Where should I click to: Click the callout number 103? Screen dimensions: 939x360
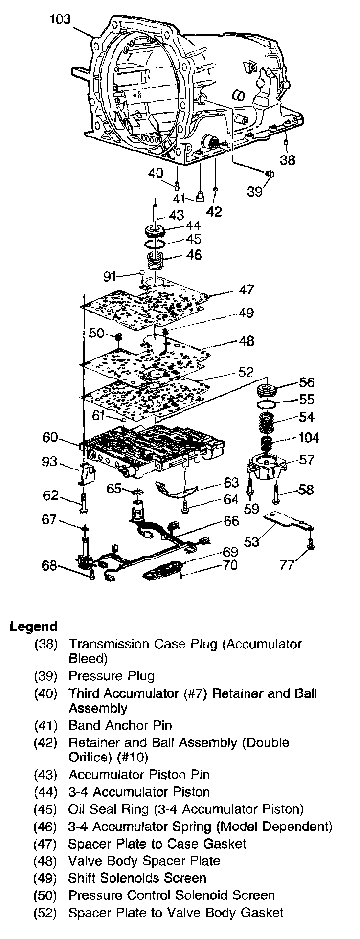pyautogui.click(x=60, y=19)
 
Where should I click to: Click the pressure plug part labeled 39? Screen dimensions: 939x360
pyautogui.click(x=270, y=174)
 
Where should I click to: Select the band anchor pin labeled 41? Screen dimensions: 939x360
pyautogui.click(x=200, y=196)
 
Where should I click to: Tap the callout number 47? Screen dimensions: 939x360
pyautogui.click(x=247, y=289)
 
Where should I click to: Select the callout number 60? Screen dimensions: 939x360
pyautogui.click(x=51, y=437)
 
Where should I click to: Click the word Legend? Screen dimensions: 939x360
pyautogui.click(x=33, y=626)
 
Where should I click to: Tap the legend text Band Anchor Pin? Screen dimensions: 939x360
pyautogui.click(x=120, y=725)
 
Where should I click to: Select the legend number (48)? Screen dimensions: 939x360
pyautogui.click(x=45, y=861)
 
